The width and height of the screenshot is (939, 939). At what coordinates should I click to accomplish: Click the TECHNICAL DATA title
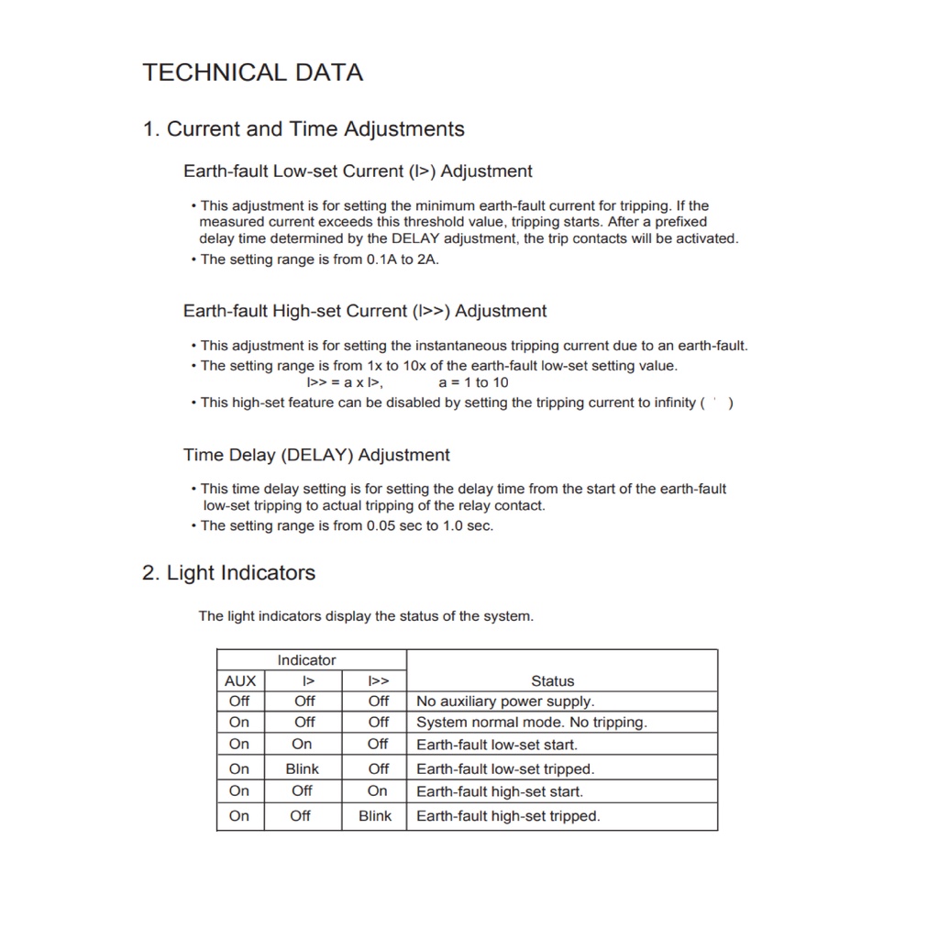tap(252, 72)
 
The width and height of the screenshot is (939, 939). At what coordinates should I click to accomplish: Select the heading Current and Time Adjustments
tap(304, 129)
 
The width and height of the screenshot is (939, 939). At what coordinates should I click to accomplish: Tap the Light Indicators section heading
tap(228, 573)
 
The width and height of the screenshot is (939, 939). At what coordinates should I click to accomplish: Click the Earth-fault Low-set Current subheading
tap(358, 171)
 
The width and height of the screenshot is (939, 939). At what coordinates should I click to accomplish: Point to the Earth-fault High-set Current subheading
tap(364, 311)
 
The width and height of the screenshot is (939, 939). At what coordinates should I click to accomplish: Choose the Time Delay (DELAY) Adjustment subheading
tap(316, 455)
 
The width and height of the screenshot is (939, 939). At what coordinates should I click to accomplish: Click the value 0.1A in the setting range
tap(381, 260)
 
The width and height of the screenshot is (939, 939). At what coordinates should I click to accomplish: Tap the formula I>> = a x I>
tap(345, 382)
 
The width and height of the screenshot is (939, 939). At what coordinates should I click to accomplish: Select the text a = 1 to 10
tap(473, 382)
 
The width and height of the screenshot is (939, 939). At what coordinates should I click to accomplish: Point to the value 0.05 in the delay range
tap(381, 525)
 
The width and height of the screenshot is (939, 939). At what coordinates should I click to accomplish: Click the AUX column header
tap(240, 681)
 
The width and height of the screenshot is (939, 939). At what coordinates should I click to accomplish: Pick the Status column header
tap(552, 681)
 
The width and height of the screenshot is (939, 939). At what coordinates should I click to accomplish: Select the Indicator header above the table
tap(306, 660)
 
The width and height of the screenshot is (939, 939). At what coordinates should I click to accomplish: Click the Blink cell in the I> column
tap(303, 769)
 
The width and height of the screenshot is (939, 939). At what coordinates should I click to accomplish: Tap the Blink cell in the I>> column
tap(375, 816)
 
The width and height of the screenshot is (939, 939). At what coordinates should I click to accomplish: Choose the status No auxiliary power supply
tap(505, 701)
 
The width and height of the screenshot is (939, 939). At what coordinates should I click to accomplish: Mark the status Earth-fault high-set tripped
tap(508, 816)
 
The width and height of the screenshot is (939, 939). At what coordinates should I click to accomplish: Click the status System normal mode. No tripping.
tap(532, 723)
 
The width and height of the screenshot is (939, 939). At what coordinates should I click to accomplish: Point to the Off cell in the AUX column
tap(239, 701)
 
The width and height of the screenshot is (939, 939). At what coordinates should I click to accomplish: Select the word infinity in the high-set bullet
tap(668, 403)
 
